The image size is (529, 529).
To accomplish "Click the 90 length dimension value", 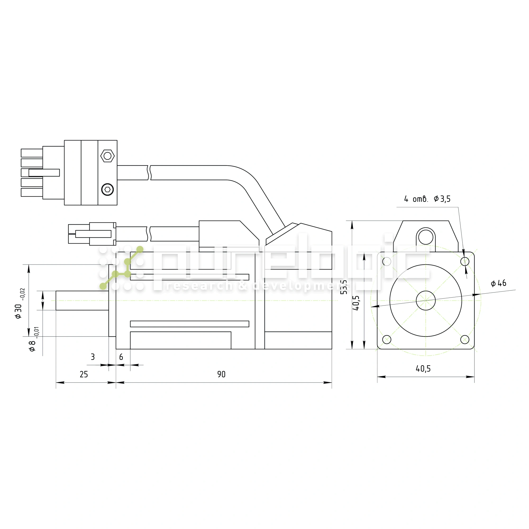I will click(x=221, y=374).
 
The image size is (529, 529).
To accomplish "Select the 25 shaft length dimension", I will click(x=84, y=374).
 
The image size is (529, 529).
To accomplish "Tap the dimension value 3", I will click(x=93, y=357).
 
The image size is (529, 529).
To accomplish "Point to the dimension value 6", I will click(x=121, y=357).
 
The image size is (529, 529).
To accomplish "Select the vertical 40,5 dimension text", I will click(x=356, y=303).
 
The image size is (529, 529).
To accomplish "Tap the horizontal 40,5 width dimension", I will click(x=423, y=369).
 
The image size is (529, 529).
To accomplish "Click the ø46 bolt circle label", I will click(x=498, y=283).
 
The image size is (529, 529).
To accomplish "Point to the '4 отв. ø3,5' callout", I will click(x=427, y=199).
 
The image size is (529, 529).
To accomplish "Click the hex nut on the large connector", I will click(x=108, y=156).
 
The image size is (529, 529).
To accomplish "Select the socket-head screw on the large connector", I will click(x=108, y=189).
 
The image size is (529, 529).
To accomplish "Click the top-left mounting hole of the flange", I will click(x=387, y=262).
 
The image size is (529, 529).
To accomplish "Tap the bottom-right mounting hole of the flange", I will click(x=465, y=340).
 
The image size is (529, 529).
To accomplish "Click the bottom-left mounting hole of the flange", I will click(x=387, y=340).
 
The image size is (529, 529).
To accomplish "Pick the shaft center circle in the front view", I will click(x=426, y=300).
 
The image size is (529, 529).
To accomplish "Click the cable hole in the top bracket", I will click(x=426, y=237).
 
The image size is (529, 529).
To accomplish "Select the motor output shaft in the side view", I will click(x=82, y=300).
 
